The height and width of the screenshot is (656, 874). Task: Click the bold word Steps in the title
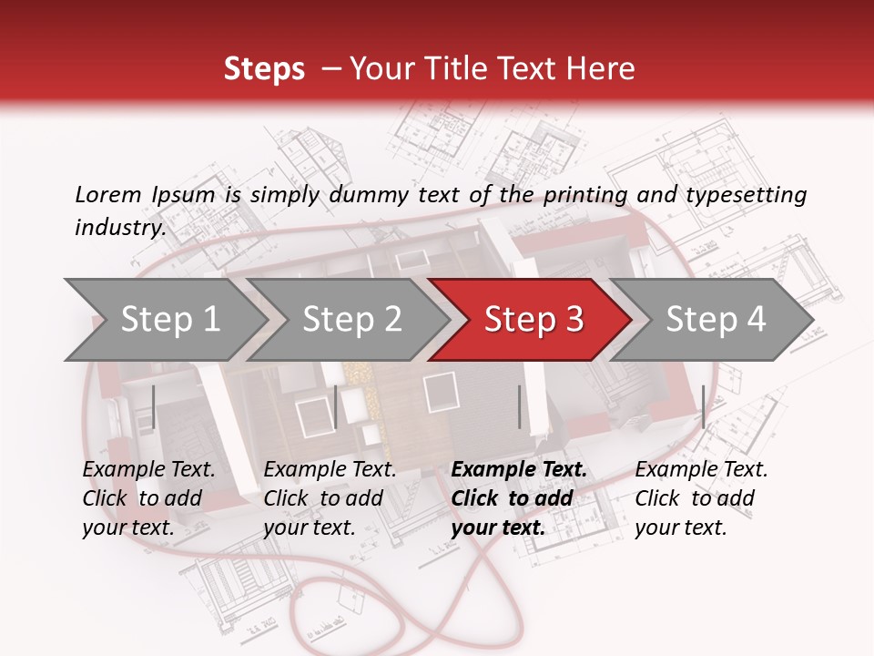pyautogui.click(x=264, y=69)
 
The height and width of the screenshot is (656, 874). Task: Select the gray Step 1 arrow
pyautogui.click(x=170, y=319)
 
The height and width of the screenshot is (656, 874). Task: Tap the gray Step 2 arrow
pyautogui.click(x=351, y=319)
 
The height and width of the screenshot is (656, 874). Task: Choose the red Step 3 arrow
pyautogui.click(x=534, y=319)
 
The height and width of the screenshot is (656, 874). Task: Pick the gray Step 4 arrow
pyautogui.click(x=716, y=319)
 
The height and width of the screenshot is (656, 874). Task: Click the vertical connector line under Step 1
pyautogui.click(x=154, y=406)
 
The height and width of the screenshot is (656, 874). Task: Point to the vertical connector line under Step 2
pyautogui.click(x=336, y=406)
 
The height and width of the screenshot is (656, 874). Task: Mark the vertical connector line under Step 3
pyautogui.click(x=519, y=406)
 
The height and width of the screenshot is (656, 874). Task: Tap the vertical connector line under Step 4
pyautogui.click(x=703, y=406)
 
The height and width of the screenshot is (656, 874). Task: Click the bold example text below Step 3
pyautogui.click(x=519, y=498)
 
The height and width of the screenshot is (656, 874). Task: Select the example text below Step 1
pyautogui.click(x=149, y=498)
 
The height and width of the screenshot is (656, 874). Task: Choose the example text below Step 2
pyautogui.click(x=330, y=498)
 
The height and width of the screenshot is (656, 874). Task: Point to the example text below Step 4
pyautogui.click(x=701, y=498)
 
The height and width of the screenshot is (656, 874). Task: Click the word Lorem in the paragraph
pyautogui.click(x=108, y=194)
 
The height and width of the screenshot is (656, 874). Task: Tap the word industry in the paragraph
pyautogui.click(x=120, y=227)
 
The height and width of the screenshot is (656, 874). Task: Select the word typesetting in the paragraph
pyautogui.click(x=746, y=194)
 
